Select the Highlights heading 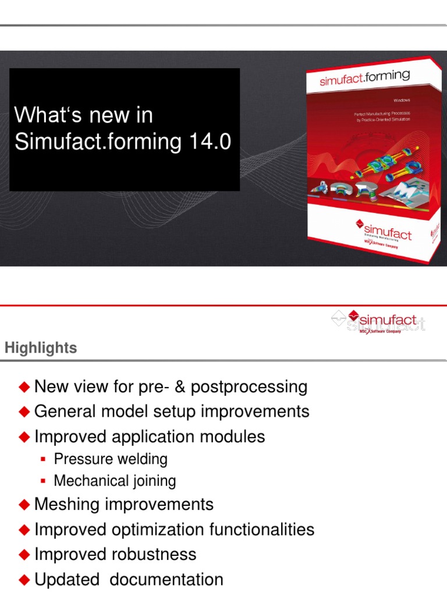(x=41, y=348)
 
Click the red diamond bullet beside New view (x=24, y=386)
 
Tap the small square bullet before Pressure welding (x=42, y=460)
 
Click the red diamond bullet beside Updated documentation (x=24, y=580)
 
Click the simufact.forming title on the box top (x=365, y=78)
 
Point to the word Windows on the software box (x=402, y=101)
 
